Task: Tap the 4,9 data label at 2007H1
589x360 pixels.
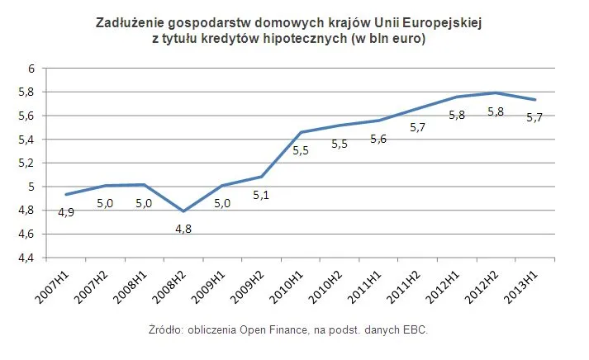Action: point(66,212)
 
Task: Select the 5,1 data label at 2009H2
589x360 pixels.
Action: point(262,195)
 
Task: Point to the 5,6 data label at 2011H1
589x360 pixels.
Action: point(379,139)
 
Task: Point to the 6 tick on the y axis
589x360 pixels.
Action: point(28,69)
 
